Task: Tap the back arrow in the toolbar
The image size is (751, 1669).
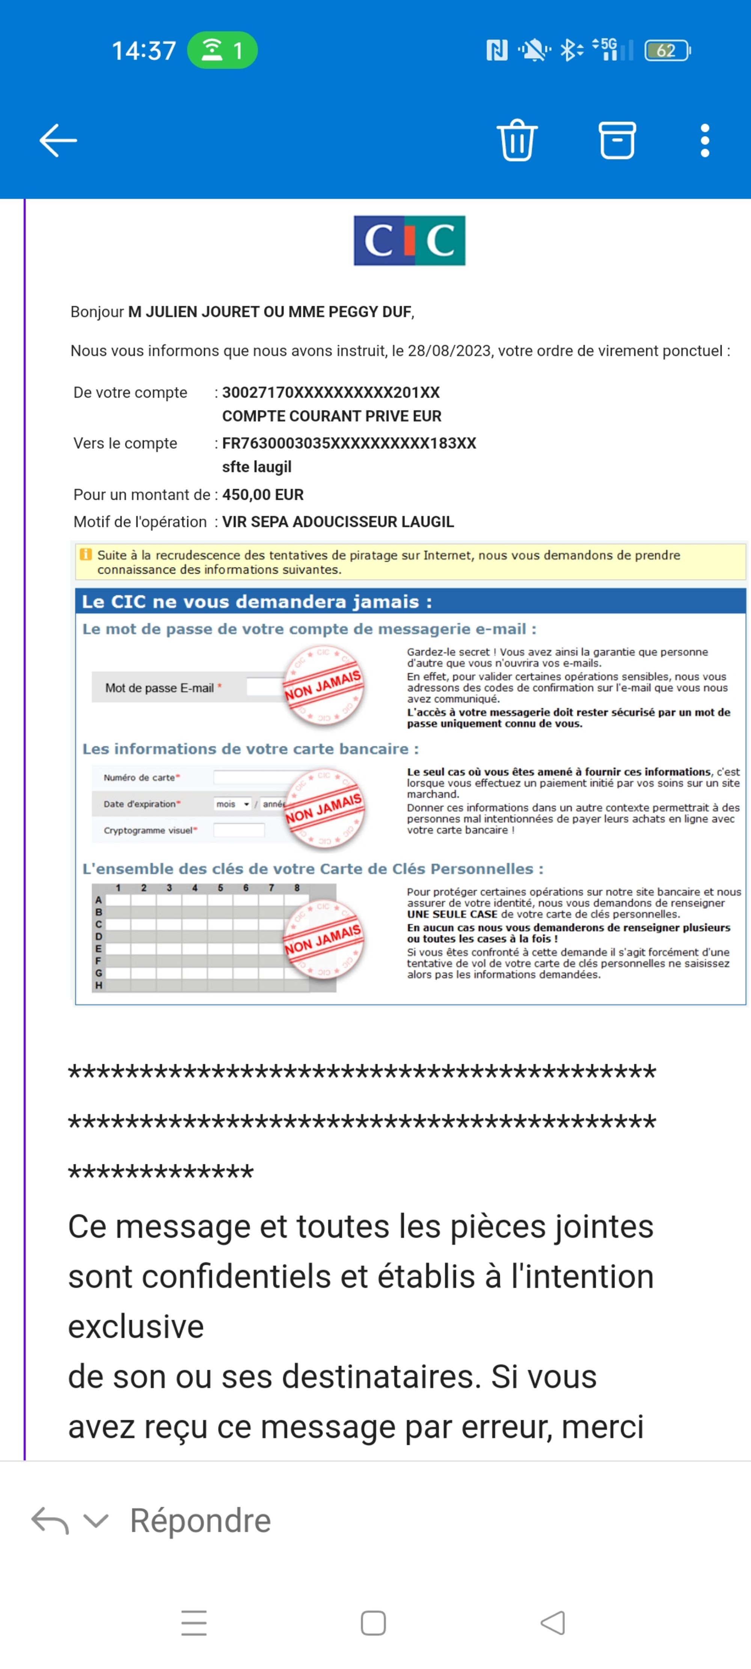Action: [x=58, y=140]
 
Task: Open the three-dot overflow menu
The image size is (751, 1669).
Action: [x=704, y=140]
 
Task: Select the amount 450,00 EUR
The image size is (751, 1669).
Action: [x=262, y=495]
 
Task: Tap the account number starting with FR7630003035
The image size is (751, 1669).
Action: [x=348, y=444]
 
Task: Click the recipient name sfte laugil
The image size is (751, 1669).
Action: [x=256, y=467]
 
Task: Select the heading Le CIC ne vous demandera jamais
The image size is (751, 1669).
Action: [x=256, y=602]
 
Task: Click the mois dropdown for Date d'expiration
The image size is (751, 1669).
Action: [x=232, y=804]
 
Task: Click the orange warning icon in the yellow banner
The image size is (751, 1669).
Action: [x=85, y=555]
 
